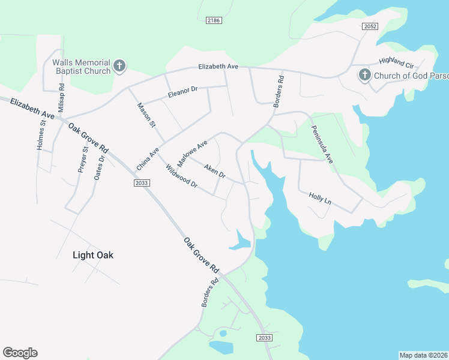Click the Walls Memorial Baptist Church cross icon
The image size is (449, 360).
119,66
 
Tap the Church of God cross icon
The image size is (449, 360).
364,75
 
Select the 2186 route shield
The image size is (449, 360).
213,20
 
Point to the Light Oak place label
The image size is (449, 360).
93,255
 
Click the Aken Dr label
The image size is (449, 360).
214,172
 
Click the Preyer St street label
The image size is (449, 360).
83,160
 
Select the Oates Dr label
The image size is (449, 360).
100,167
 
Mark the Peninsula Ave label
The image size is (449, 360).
321,144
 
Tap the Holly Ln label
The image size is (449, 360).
320,198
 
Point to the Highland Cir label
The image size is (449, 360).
397,61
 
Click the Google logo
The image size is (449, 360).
20,353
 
